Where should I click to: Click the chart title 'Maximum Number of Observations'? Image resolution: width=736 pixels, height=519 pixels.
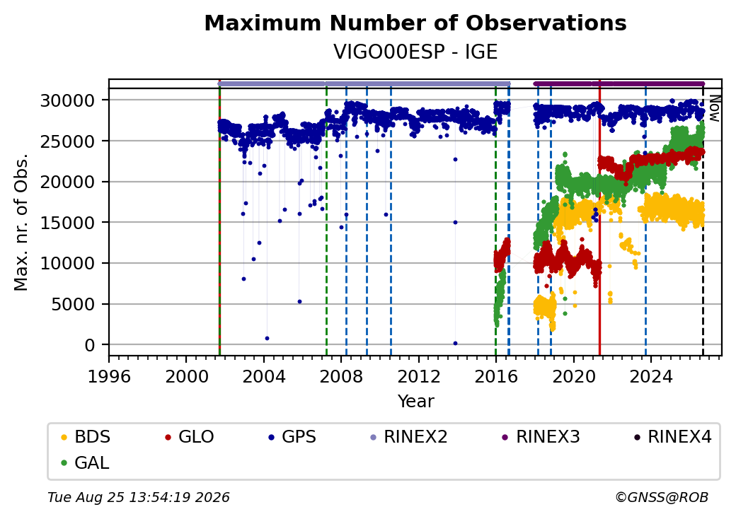point(415,23)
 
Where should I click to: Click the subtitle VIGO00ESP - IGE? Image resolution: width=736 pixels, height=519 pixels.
point(415,52)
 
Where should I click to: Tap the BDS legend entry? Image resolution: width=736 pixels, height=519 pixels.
point(86,436)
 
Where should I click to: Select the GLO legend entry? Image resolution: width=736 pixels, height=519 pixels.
point(189,436)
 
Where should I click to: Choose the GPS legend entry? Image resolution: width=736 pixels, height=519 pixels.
point(292,436)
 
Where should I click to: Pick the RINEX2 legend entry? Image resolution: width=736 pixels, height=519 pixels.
point(408,436)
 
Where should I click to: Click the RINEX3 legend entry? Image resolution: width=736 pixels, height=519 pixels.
point(541,436)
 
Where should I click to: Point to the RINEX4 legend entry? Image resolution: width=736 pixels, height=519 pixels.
point(672,436)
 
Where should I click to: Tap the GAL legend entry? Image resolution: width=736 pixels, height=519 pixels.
point(85,462)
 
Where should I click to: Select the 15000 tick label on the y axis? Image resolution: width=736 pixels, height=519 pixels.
point(68,223)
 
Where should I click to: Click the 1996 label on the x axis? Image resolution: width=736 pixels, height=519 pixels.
point(109,376)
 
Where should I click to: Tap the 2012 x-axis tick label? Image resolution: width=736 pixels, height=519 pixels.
point(419,376)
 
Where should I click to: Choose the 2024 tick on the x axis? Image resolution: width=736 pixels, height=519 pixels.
point(650,376)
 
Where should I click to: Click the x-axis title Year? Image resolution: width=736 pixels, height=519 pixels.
point(416,402)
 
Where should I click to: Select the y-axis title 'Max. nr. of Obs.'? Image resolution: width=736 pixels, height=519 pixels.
point(21,222)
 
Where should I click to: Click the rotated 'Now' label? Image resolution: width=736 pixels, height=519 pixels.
point(715,108)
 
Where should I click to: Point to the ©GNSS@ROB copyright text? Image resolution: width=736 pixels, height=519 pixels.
point(662,497)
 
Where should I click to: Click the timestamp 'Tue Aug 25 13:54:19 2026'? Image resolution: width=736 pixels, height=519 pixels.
point(139,497)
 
